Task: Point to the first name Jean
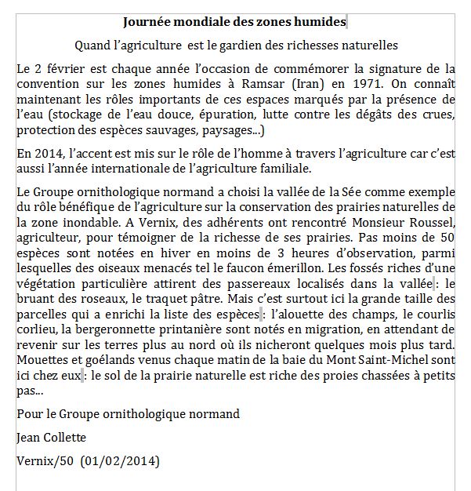click(29, 437)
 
